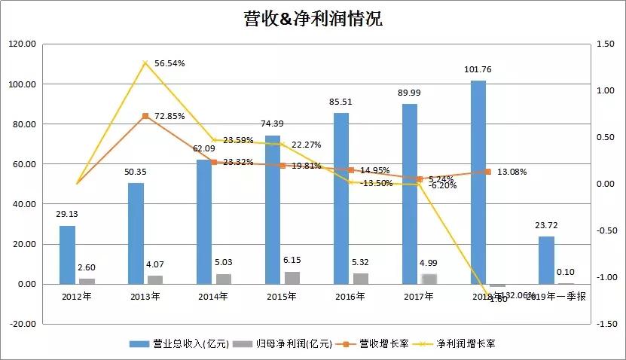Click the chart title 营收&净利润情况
click(313, 19)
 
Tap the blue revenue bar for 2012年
click(68, 255)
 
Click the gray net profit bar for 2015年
click(292, 278)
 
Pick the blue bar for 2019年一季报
click(546, 261)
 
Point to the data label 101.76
click(478, 70)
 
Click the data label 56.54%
click(170, 63)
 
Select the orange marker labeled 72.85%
click(145, 116)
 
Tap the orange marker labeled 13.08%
click(487, 172)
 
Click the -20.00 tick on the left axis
click(23, 324)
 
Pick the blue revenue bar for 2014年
click(204, 222)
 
